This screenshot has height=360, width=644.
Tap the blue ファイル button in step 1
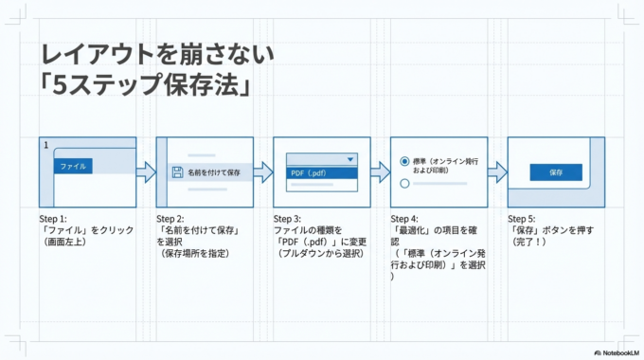pyautogui.click(x=73, y=166)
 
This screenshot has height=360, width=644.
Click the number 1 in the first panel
pyautogui.click(x=45, y=145)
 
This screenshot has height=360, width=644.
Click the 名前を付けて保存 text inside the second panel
pyautogui.click(x=214, y=173)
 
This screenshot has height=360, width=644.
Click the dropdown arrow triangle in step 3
pyautogui.click(x=350, y=160)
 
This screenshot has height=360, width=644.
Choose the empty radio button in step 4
pyautogui.click(x=404, y=182)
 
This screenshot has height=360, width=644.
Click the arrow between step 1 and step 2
pyautogui.click(x=145, y=171)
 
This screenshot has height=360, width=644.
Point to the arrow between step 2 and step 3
pyautogui.click(x=262, y=171)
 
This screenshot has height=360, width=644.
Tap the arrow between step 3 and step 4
pyautogui.click(x=380, y=171)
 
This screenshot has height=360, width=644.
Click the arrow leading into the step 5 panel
pyautogui.click(x=497, y=171)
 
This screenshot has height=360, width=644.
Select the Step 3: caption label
pyautogui.click(x=290, y=219)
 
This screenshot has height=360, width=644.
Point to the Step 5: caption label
pyautogui.click(x=524, y=219)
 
